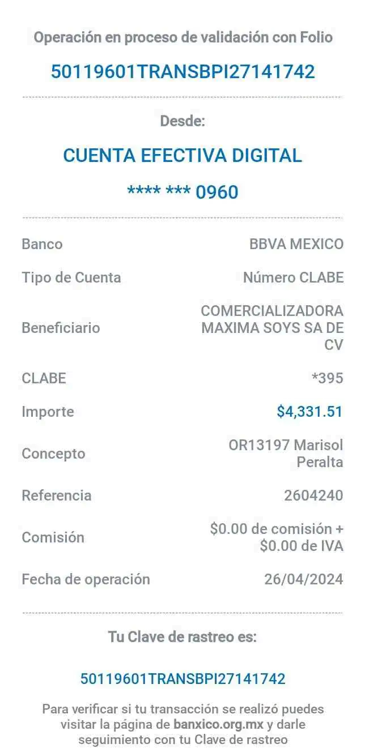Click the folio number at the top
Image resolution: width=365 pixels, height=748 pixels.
tap(182, 72)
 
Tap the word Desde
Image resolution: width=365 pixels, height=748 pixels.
tap(182, 121)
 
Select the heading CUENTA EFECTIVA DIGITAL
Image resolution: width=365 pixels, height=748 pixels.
tap(182, 155)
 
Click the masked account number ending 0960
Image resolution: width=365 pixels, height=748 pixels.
tap(182, 192)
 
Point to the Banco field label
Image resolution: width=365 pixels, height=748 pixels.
tap(42, 245)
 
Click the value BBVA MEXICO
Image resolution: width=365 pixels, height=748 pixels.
tap(296, 245)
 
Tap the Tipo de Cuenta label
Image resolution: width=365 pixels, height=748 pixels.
tap(71, 278)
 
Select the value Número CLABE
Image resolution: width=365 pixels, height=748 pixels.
tap(293, 278)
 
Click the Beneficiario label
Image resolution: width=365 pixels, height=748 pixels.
tap(61, 328)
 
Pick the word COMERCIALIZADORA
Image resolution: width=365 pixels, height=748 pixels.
tap(272, 311)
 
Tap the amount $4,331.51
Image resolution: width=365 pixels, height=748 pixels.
tap(309, 412)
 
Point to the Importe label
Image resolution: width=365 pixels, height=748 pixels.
tap(48, 412)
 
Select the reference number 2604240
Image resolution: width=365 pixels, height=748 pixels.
tap(313, 496)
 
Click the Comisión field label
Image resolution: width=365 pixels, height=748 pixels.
tap(54, 537)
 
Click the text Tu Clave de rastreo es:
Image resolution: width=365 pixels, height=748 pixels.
tap(182, 637)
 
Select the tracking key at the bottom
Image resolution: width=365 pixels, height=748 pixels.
tap(182, 678)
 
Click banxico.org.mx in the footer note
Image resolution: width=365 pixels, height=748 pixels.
tap(218, 725)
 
